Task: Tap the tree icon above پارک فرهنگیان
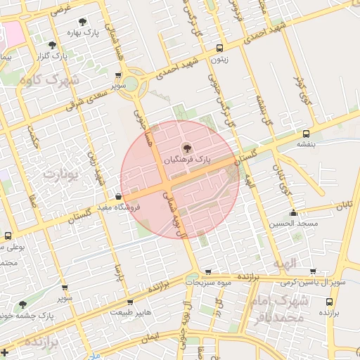point(186,148)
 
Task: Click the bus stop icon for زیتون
point(220,49)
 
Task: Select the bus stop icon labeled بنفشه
point(306,133)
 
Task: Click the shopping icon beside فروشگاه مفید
point(118,196)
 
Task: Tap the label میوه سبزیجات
point(208,282)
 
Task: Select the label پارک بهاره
point(85,32)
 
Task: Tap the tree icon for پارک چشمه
point(23,304)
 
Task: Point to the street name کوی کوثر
point(301,96)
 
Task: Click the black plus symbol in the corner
point(6,352)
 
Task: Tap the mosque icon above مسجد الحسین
point(293,212)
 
